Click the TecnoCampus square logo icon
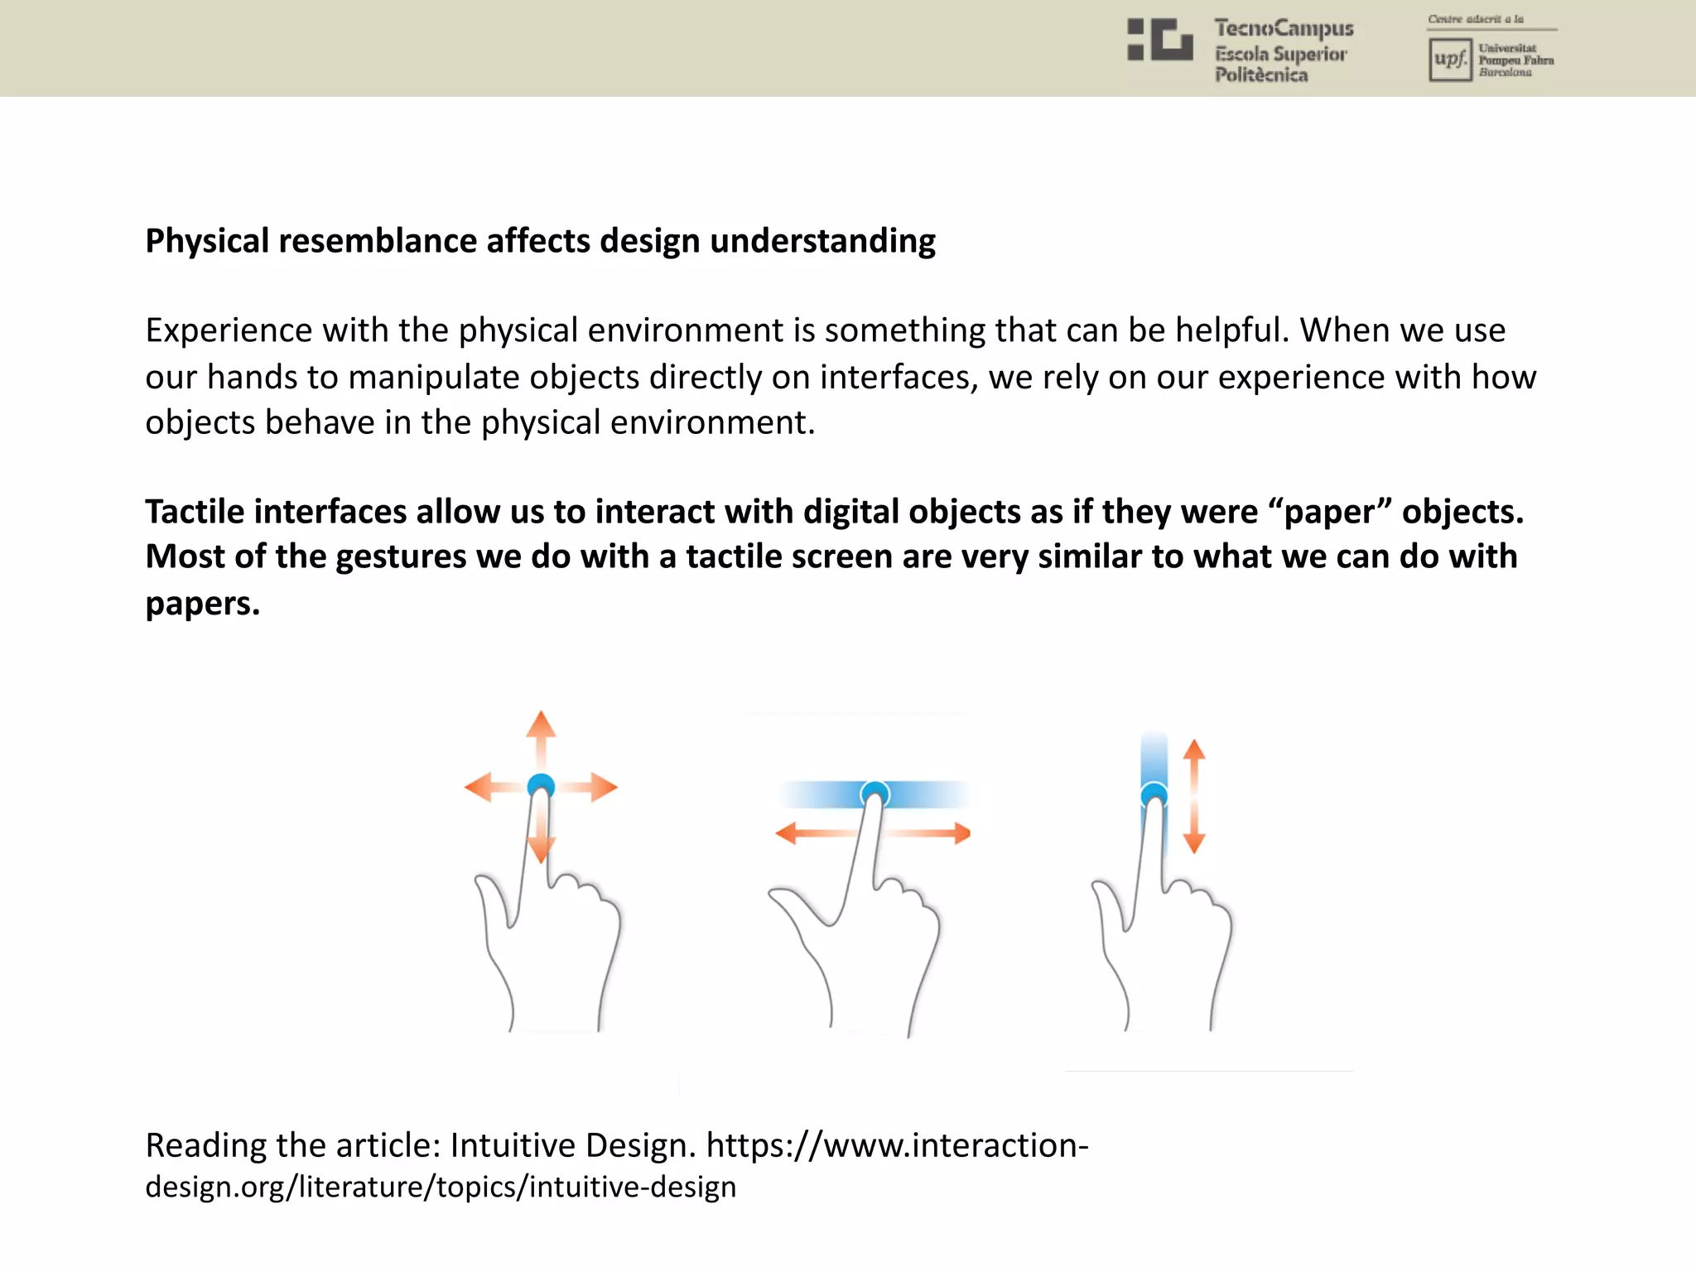pos(1159,40)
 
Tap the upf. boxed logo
pos(1449,60)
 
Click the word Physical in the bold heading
pos(207,242)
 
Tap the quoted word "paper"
pos(1329,512)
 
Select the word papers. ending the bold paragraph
pos(202,605)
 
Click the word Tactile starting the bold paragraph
pos(195,512)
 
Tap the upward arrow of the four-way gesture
pos(541,725)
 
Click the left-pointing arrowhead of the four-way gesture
pos(479,787)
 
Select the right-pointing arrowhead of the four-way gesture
pos(605,787)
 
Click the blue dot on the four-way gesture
pos(541,784)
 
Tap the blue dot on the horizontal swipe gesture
pos(874,794)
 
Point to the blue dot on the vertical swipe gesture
pos(1154,796)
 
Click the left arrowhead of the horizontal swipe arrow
pos(786,833)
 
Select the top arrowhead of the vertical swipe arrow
pos(1193,750)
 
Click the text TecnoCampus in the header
pos(1284,29)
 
